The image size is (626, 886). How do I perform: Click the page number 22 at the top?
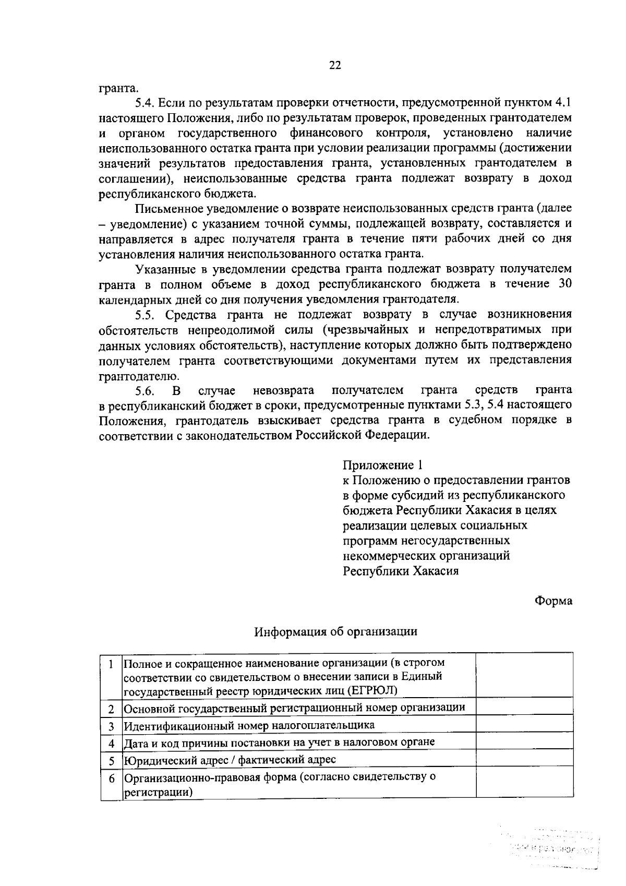334,65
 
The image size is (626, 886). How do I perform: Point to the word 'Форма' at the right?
553,601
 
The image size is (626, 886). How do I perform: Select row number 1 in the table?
111,664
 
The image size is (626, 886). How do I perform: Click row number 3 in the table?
111,726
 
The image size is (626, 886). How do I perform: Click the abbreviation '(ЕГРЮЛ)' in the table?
371,691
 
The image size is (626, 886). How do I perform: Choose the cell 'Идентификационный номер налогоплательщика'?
249,725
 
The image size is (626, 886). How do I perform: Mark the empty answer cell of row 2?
524,708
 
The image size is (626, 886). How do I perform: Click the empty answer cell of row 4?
524,742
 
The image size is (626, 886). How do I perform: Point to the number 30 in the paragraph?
564,284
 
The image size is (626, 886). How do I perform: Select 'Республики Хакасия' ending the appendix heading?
401,570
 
